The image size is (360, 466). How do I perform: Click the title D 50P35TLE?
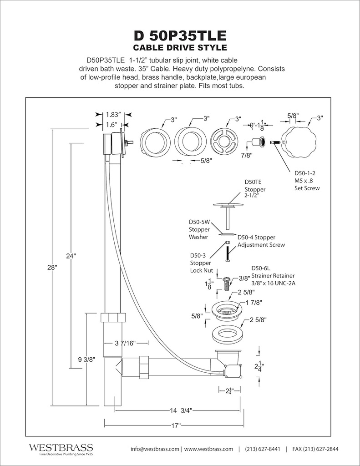[180, 36]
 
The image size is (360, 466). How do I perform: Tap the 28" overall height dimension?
[51, 268]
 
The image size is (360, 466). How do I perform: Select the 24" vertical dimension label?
[70, 256]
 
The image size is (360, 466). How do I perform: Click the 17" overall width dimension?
[176, 425]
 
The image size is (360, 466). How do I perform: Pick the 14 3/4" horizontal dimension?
[181, 410]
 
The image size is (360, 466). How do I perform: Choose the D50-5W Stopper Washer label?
[198, 229]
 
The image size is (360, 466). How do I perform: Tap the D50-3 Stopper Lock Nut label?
[200, 263]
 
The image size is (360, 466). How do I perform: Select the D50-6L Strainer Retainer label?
[273, 276]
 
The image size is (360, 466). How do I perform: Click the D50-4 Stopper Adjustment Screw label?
[262, 241]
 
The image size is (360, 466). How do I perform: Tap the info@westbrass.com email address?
[155, 449]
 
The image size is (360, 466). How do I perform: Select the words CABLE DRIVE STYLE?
[180, 48]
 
